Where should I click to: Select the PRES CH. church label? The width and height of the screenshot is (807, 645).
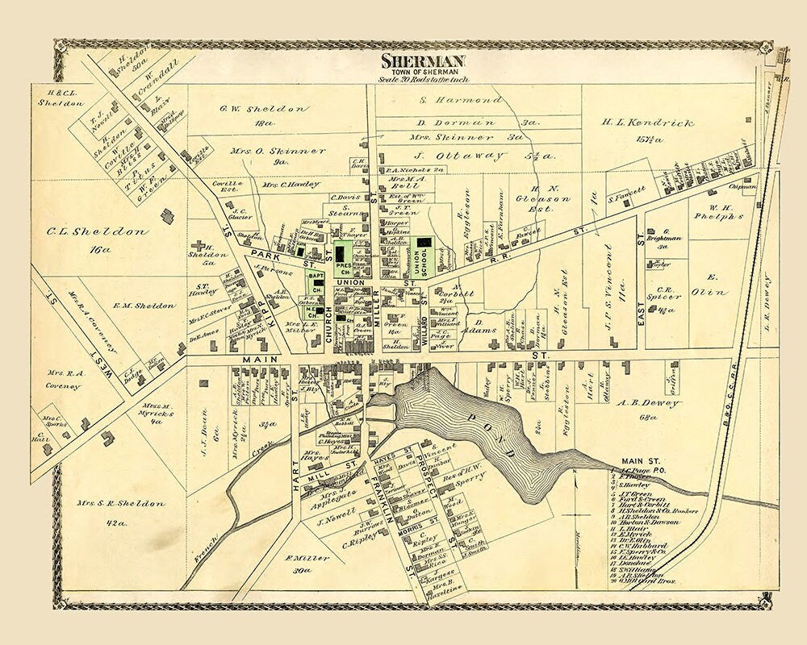[x=341, y=268]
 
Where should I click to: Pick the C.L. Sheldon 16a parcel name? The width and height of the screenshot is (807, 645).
[x=99, y=232]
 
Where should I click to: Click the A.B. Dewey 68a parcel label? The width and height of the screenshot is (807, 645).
[x=650, y=403]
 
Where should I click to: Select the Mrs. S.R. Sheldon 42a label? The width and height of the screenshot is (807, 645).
[x=121, y=505]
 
